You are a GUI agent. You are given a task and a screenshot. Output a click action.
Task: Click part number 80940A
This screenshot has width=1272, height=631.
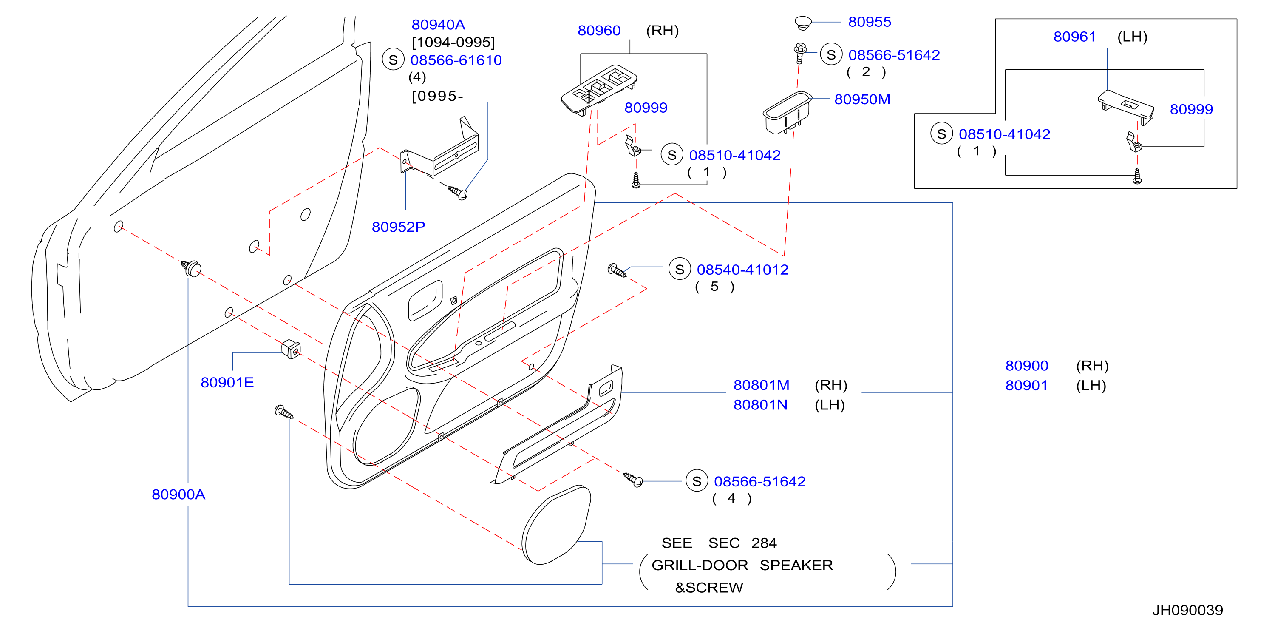coord(438,24)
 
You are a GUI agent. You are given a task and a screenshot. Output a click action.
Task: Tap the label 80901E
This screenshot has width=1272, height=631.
coord(227,382)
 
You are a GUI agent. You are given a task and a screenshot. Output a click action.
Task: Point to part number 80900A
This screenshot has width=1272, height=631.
coord(178,494)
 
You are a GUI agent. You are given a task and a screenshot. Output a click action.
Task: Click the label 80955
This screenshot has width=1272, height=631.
coord(870,22)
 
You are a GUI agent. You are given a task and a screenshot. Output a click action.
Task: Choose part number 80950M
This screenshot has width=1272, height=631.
coord(862,99)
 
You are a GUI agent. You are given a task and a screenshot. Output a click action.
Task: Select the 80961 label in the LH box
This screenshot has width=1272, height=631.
coord(1074,37)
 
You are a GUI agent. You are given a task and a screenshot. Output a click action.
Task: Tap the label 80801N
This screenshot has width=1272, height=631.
coord(760,405)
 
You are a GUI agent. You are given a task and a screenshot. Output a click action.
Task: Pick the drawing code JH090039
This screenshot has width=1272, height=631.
coord(1187,610)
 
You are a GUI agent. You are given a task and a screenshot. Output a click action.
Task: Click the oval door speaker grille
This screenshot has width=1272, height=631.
coord(556,525)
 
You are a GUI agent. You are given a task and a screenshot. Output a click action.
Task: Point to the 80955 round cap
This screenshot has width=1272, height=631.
coord(803,22)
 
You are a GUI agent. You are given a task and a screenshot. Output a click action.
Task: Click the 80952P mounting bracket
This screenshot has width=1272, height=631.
coord(439,148)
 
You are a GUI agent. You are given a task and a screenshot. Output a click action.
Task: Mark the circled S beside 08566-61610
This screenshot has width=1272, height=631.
coord(393,60)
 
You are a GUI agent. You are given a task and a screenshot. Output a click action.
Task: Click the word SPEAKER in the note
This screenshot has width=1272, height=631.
coord(796,565)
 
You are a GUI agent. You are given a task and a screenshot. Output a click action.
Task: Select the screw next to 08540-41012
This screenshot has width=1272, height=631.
coord(617,270)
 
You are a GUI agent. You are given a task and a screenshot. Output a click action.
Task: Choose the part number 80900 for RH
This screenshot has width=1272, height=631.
coord(1027,366)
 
